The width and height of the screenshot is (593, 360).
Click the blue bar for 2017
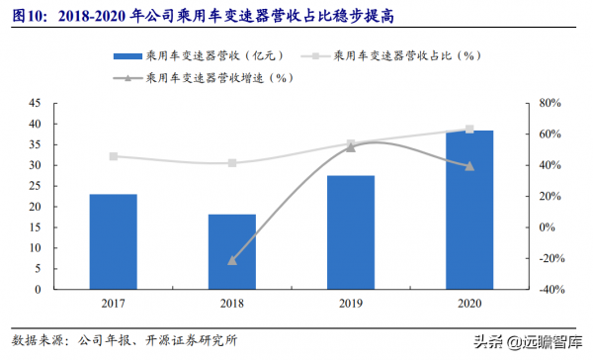pyautogui.click(x=114, y=242)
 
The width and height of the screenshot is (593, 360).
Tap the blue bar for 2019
pyautogui.click(x=351, y=233)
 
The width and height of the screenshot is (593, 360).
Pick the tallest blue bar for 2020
pyautogui.click(x=469, y=211)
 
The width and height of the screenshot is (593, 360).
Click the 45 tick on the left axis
pyautogui.click(x=34, y=103)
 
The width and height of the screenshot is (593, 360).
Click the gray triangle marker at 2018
pyautogui.click(x=232, y=260)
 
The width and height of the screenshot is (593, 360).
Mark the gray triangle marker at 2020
pyautogui.click(x=469, y=166)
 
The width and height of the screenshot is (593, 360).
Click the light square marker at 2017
pyautogui.click(x=114, y=156)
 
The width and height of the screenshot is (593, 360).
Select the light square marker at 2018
pyautogui.click(x=232, y=163)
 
